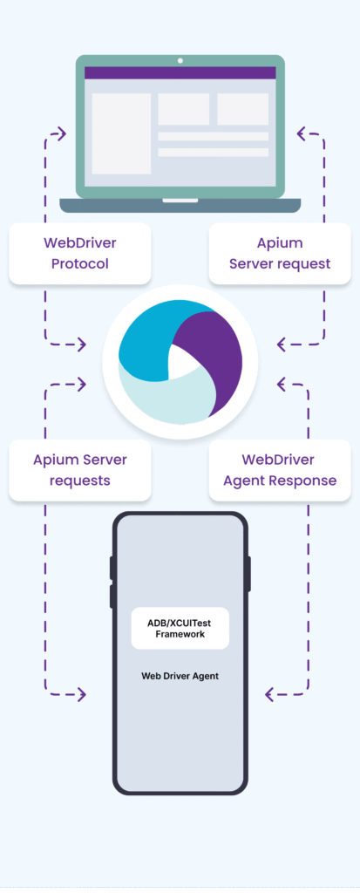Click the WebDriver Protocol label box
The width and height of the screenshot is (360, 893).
(79, 254)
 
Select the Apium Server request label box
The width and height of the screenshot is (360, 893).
(280, 254)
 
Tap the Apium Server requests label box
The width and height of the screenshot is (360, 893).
(79, 470)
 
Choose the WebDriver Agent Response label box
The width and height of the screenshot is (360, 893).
(280, 470)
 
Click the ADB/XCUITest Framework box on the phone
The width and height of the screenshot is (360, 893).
(180, 628)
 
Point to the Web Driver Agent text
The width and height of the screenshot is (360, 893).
(180, 676)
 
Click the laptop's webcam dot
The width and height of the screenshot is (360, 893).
(180, 60)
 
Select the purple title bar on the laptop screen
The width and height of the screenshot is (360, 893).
(180, 73)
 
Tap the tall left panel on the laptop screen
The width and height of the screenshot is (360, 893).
(121, 133)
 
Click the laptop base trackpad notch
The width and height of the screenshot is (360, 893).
(180, 201)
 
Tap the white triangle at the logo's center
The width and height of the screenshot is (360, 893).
(180, 362)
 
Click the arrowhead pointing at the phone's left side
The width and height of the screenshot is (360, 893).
(81, 694)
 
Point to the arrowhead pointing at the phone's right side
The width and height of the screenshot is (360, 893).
(270, 694)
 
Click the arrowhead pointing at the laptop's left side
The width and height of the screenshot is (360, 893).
(62, 133)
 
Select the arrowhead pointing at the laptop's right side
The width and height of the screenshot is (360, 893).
(302, 133)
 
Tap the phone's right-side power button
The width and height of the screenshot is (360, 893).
(249, 574)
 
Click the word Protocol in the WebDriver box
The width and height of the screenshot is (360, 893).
(79, 264)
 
